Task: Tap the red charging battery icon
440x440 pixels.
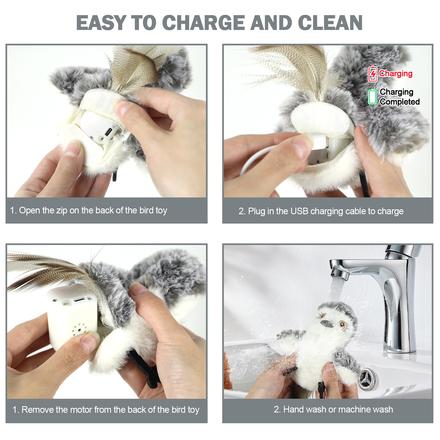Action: tap(373, 74)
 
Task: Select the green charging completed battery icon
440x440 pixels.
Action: tap(372, 97)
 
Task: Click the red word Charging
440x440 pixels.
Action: tap(396, 73)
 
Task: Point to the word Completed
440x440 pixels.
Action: tap(400, 102)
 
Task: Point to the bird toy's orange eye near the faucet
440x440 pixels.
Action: tap(343, 325)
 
